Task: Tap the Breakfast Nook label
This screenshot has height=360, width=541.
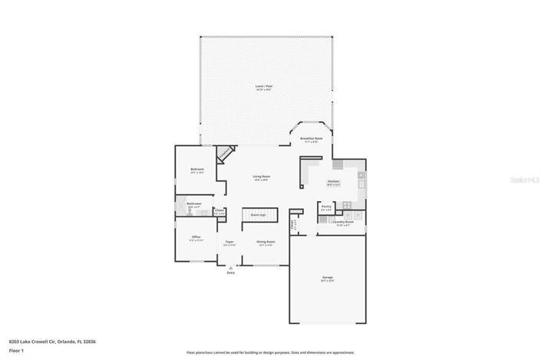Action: (x=311, y=139)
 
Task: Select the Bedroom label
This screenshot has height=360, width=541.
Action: (x=196, y=170)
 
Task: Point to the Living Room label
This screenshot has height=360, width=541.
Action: (x=262, y=177)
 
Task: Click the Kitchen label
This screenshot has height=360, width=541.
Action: (x=333, y=182)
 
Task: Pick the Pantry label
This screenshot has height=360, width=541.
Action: (x=326, y=206)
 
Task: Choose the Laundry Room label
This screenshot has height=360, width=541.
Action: (x=343, y=223)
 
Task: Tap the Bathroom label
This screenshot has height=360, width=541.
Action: (x=193, y=204)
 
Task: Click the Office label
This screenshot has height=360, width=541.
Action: (x=196, y=237)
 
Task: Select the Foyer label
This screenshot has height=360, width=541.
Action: (x=229, y=243)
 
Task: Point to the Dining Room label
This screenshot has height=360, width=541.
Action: (x=266, y=242)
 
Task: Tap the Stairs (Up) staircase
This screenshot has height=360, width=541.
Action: (x=258, y=216)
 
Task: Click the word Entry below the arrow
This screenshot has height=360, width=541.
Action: (x=229, y=272)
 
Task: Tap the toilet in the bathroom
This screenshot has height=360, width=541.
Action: (x=180, y=205)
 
